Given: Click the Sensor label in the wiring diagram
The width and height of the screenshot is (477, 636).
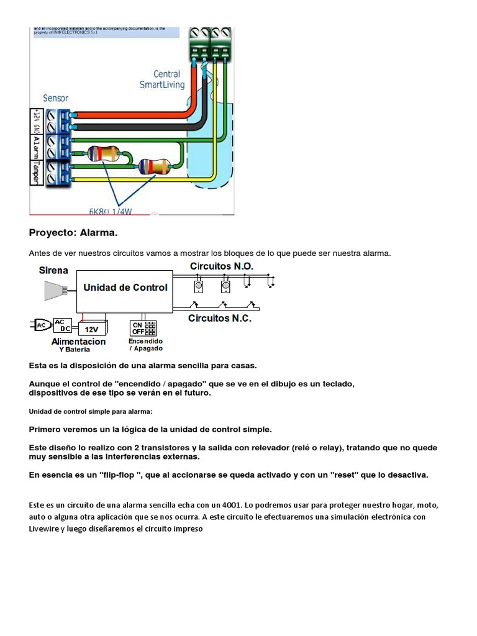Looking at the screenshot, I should coord(55,98).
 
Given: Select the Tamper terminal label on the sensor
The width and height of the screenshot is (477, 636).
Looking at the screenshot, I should coord(36,172).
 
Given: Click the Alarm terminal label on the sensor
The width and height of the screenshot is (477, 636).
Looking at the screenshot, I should coord(36,147).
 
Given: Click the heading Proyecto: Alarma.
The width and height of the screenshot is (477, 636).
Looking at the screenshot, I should coord(73,233).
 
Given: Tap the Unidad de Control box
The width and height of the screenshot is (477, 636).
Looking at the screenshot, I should coord(125,288).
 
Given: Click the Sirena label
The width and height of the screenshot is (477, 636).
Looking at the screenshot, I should coord(54,271).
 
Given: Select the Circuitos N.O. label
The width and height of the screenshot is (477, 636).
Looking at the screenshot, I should coord(221,266).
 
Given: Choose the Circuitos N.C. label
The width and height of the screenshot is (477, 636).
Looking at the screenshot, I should coord(219,318).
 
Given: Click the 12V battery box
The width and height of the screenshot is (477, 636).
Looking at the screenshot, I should coord(91,329).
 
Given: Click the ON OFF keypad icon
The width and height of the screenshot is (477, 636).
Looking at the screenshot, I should coord(143,328).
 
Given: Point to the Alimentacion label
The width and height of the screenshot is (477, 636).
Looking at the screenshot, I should coord(78,342).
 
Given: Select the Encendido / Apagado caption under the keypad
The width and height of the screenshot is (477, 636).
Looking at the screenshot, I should coord(145,345).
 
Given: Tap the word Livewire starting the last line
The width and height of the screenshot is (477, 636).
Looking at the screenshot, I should coord(44,529).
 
